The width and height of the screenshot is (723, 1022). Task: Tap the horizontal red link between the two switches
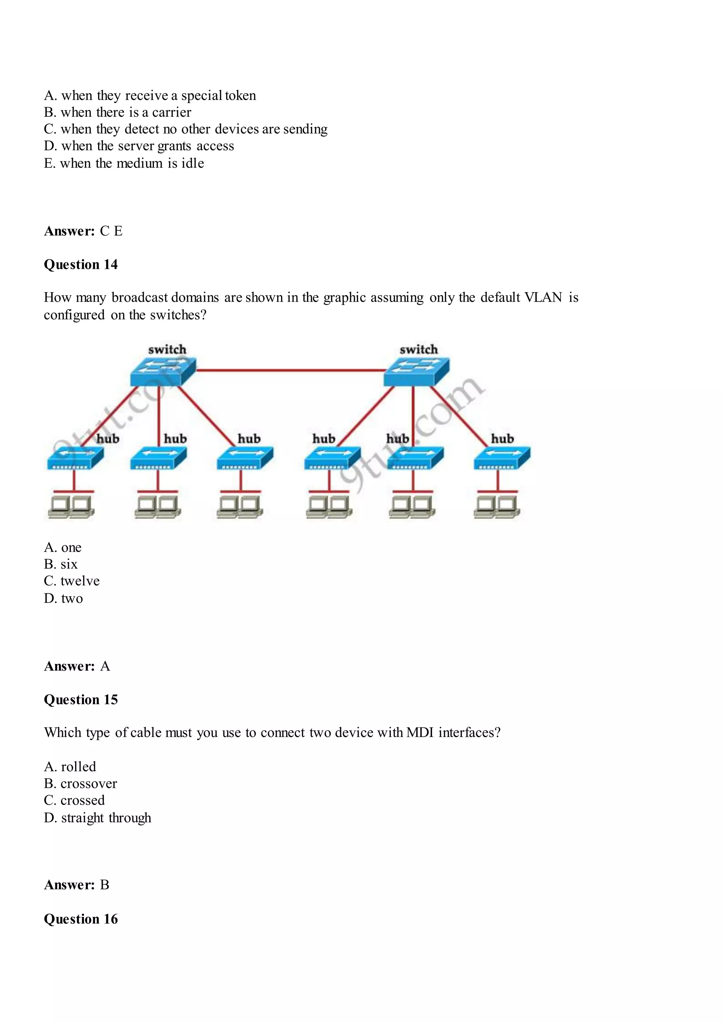pyautogui.click(x=289, y=370)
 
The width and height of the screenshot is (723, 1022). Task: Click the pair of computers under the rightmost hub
pyautogui.click(x=497, y=507)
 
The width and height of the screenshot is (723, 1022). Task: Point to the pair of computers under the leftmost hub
pyautogui.click(x=71, y=507)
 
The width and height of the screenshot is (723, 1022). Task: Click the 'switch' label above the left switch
pyautogui.click(x=167, y=349)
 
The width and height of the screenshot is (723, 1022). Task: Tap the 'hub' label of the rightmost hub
pyautogui.click(x=502, y=439)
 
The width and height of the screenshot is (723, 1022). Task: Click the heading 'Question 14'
pyautogui.click(x=80, y=264)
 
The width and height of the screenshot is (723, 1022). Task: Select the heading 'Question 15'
pyautogui.click(x=80, y=699)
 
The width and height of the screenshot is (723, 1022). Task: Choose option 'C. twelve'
pyautogui.click(x=72, y=581)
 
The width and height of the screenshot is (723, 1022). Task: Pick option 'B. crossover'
pyautogui.click(x=80, y=784)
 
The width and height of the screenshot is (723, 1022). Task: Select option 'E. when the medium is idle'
pyautogui.click(x=124, y=163)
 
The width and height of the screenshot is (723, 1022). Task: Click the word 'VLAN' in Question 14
pyautogui.click(x=543, y=297)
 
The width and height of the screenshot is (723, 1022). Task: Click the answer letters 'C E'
pyautogui.click(x=111, y=231)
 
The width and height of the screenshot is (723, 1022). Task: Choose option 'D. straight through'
pyautogui.click(x=97, y=818)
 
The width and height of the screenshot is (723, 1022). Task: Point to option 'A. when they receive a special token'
pyautogui.click(x=150, y=96)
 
